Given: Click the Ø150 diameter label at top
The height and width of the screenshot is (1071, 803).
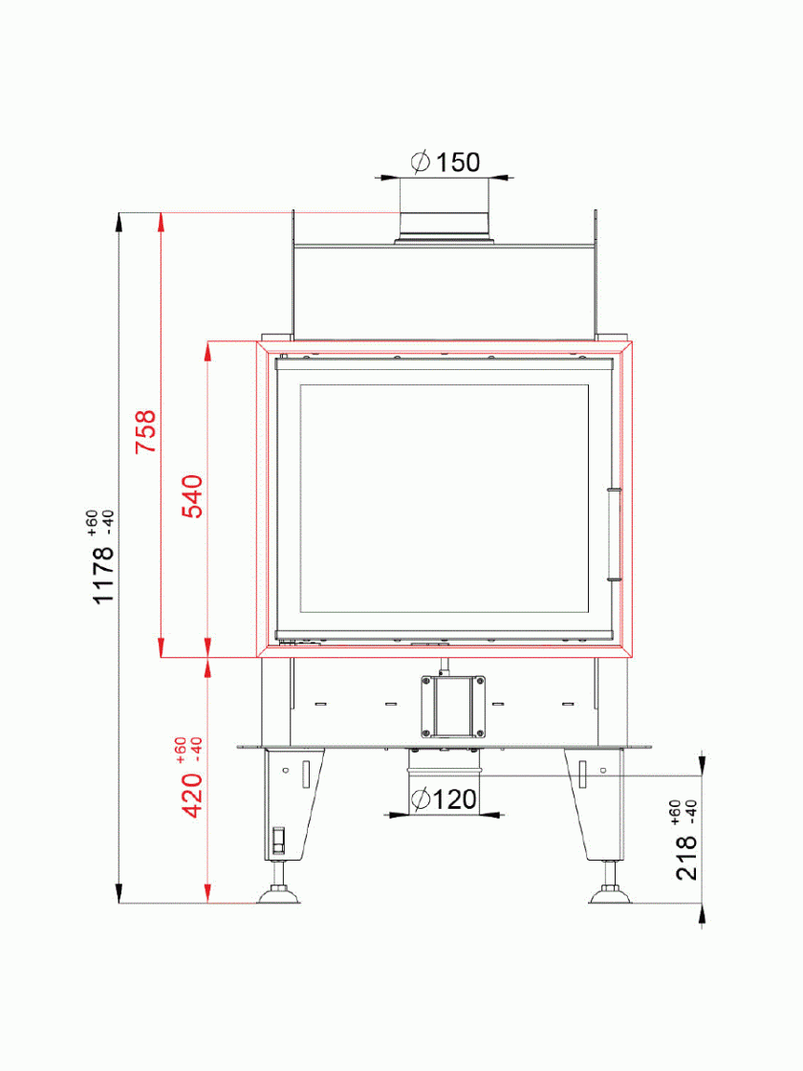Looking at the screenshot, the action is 445,163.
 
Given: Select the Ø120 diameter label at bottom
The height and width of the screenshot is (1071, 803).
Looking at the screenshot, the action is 445,798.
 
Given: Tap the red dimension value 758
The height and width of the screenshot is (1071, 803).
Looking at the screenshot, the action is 145,431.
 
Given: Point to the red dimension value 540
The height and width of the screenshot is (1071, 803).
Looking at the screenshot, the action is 193,496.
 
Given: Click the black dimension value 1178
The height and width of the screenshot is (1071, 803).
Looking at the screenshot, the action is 103,575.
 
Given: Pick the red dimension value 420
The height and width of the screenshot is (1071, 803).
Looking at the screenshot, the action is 192,795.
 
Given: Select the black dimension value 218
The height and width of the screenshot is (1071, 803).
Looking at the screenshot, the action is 687,857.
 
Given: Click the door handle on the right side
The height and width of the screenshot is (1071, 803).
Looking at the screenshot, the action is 614,535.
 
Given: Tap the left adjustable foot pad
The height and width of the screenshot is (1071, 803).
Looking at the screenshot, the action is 278,894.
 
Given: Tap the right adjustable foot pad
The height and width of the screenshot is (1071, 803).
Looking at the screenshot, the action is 610,894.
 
